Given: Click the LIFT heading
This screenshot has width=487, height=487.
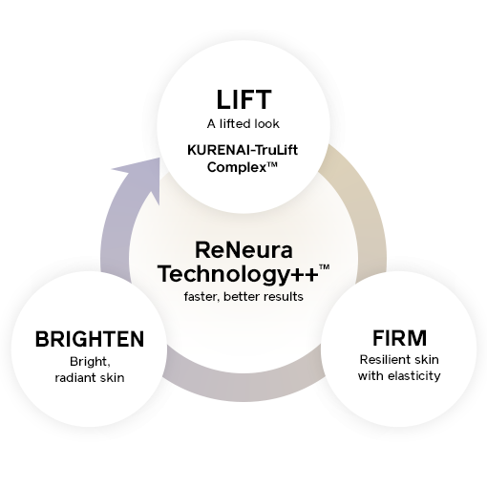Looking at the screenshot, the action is click(x=243, y=99).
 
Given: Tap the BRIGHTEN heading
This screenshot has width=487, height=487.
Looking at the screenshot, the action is click(x=90, y=339).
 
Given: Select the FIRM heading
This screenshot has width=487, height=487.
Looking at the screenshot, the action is click(x=399, y=338).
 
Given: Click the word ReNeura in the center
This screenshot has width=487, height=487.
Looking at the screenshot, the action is click(x=243, y=250).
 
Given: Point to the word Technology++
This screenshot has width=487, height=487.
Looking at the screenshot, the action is click(x=239, y=275).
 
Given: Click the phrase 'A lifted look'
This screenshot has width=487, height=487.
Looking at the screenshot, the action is click(x=243, y=124).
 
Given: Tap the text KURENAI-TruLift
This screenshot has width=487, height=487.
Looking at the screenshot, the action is click(x=243, y=150).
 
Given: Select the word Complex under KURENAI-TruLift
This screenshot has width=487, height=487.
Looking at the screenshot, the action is click(x=236, y=167).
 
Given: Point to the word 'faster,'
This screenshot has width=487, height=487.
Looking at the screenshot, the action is click(x=202, y=297).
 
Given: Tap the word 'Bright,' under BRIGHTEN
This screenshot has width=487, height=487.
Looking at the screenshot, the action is click(x=90, y=362).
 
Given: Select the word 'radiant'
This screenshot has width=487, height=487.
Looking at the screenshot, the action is click(x=75, y=378).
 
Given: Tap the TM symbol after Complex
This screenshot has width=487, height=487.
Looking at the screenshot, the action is click(x=271, y=164).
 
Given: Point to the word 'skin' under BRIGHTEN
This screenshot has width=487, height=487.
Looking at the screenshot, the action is click(x=112, y=378).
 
